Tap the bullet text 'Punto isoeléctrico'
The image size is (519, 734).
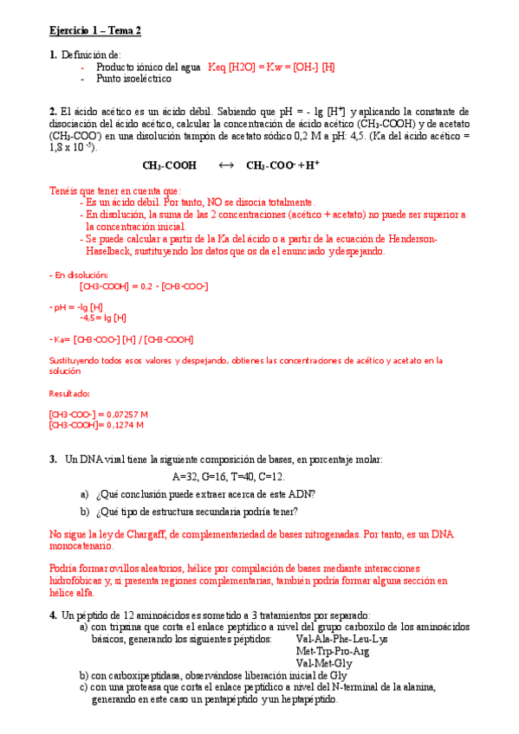click(x=133, y=79)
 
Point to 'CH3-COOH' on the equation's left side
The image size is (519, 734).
click(x=169, y=165)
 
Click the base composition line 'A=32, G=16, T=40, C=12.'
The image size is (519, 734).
click(x=229, y=477)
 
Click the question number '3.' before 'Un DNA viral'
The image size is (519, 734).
click(x=53, y=459)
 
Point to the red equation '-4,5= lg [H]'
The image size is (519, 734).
click(x=102, y=318)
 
